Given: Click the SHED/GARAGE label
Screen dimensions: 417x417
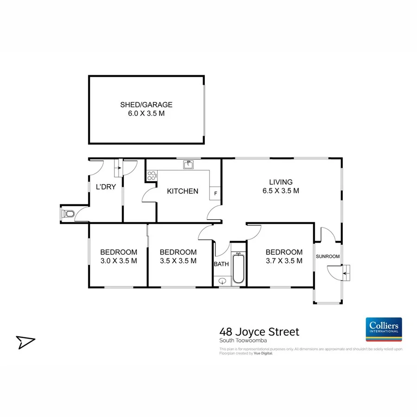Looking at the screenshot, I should (146, 105).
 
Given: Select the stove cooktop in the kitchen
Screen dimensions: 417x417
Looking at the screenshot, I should (151, 176).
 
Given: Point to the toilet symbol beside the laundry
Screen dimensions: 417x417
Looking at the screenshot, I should (68, 214).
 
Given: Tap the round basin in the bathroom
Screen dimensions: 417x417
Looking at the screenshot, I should (222, 281).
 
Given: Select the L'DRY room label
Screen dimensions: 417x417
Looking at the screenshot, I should (106, 187).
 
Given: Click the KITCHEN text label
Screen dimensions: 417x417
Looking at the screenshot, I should (183, 191).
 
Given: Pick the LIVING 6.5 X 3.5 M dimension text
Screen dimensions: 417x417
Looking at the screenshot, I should (281, 190).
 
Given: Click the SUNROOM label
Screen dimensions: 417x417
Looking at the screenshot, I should (328, 256).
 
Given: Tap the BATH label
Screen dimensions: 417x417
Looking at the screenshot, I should (221, 264).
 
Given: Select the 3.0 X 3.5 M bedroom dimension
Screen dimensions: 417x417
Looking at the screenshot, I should (119, 261).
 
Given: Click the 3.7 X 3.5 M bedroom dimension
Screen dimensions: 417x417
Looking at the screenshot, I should (284, 261).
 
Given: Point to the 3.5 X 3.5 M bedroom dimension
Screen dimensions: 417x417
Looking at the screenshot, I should (178, 261).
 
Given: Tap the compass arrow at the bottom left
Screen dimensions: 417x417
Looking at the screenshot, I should (25, 342).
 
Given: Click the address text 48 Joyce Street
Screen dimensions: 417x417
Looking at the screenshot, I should (259, 332).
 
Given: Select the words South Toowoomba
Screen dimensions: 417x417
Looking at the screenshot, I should (240, 341).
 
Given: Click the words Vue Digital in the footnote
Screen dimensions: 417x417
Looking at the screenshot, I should (264, 353).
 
